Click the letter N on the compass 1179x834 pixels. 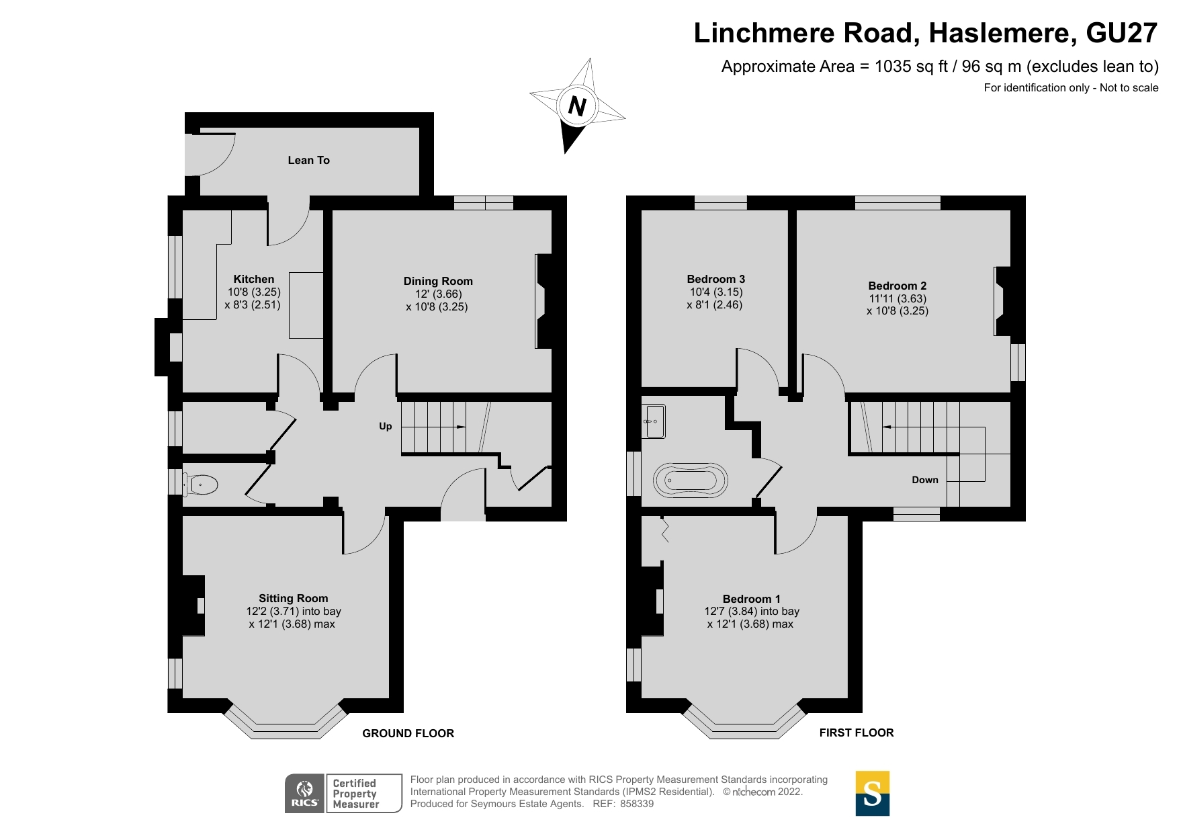point(577,106)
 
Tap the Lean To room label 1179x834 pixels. point(308,160)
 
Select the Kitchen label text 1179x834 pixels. point(253,279)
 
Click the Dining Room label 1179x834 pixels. point(438,281)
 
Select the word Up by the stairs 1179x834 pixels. point(385,426)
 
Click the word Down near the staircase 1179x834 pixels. point(924,480)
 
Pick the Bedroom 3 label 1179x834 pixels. point(715,279)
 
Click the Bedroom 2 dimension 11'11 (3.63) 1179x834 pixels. point(898,298)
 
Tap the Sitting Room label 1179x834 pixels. point(294,598)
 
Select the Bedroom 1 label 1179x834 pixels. point(751,599)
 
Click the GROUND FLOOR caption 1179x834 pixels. point(408,733)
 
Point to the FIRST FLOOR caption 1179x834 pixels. point(856,733)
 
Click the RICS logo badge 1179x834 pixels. point(305,793)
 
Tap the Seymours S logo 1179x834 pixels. point(872,793)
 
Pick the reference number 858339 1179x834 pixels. point(636,804)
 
